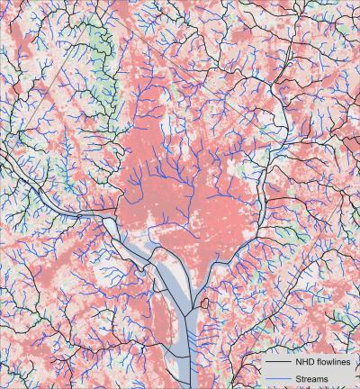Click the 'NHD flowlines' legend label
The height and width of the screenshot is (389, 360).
click(319, 363)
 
